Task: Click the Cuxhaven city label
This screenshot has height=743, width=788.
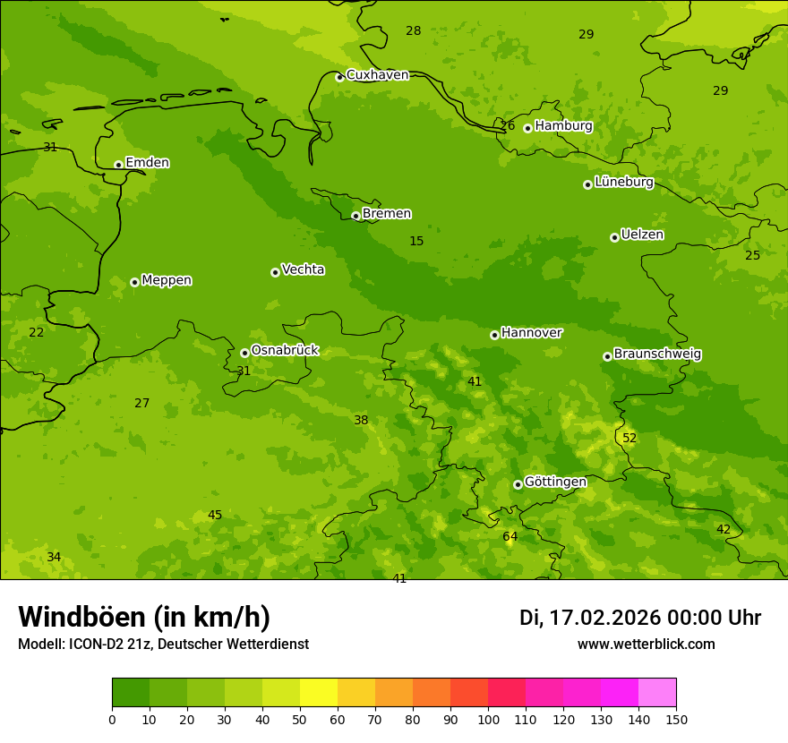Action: (x=377, y=75)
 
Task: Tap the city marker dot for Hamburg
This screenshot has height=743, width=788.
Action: (x=527, y=128)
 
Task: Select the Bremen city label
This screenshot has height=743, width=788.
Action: (x=387, y=214)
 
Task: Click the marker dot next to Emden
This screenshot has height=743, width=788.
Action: (x=118, y=165)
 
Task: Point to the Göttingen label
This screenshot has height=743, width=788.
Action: (x=555, y=483)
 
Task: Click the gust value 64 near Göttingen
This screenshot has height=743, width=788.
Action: (x=510, y=537)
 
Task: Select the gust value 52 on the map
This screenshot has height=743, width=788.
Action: (x=630, y=439)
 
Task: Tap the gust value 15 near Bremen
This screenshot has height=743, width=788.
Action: (x=416, y=242)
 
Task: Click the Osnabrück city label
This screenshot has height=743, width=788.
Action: (x=285, y=351)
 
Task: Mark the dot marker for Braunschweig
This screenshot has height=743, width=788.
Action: (x=607, y=356)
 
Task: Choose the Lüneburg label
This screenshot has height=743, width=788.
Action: (x=624, y=183)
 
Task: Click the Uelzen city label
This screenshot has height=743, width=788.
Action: (x=642, y=235)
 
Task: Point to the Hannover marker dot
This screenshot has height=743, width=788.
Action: (x=494, y=335)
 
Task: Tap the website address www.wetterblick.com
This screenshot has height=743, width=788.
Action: (x=646, y=645)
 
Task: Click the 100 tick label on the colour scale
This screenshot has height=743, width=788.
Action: (x=488, y=720)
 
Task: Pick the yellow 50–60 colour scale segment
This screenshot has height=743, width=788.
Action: (x=319, y=693)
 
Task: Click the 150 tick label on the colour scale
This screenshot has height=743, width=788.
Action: (x=676, y=720)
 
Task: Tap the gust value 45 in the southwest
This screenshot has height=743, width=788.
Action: (x=215, y=516)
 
